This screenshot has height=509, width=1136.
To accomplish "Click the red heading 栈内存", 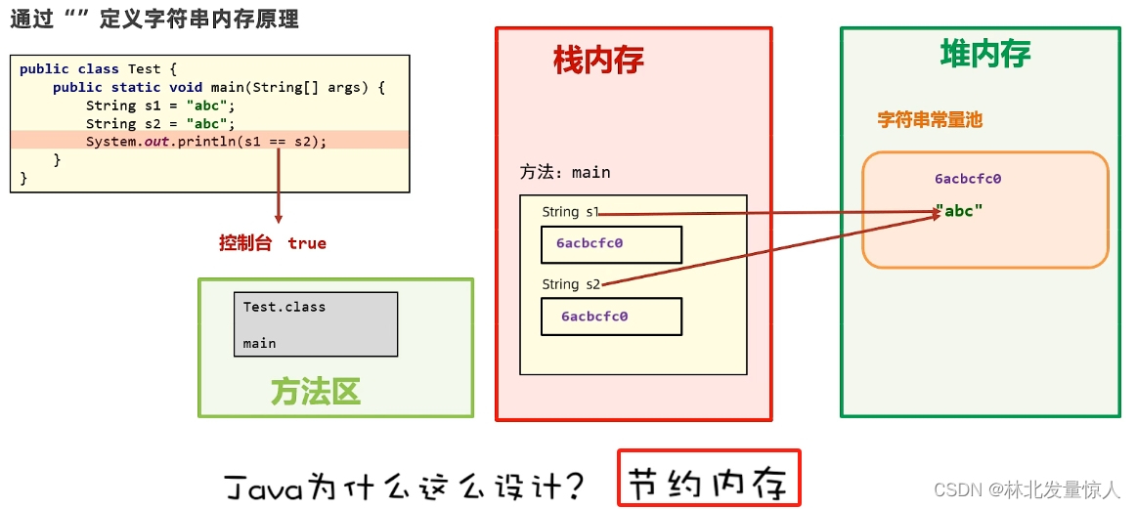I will [x=598, y=61].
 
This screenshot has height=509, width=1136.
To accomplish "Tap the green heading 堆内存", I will [x=984, y=54].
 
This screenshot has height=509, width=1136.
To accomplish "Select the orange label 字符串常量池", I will [x=929, y=120].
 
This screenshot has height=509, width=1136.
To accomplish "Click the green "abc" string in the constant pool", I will [x=959, y=211].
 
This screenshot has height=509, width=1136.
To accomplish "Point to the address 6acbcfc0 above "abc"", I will [x=967, y=179].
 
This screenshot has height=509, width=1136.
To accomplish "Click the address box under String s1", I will [x=611, y=244].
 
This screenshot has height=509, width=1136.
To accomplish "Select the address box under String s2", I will [x=611, y=317].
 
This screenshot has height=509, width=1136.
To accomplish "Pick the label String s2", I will [x=571, y=284].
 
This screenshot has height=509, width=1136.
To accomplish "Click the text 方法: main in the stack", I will [x=565, y=173].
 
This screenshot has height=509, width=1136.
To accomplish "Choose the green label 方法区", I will [x=316, y=392].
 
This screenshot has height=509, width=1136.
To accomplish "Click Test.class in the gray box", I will [x=284, y=307].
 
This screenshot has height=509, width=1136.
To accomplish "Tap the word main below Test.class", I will [x=259, y=343].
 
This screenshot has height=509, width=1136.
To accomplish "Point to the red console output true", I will [x=307, y=243].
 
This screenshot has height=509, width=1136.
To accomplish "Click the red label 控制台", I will [x=245, y=243].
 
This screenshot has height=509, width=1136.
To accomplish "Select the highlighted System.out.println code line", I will [x=205, y=142].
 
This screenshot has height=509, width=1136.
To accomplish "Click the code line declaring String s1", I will [x=160, y=106].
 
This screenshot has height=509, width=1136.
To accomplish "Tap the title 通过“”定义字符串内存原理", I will [x=154, y=19].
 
